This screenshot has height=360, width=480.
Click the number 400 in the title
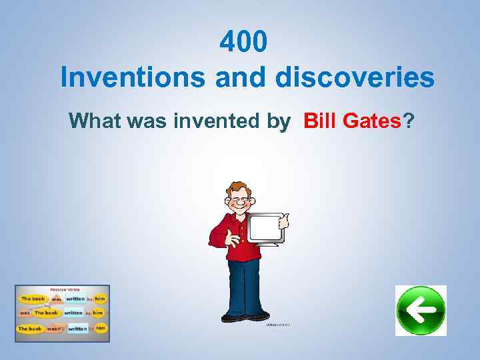pyautogui.click(x=244, y=43)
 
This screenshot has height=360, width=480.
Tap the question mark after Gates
pyautogui.click(x=409, y=121)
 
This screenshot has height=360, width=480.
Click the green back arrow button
pyautogui.click(x=421, y=311)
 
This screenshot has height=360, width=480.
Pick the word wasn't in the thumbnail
pyautogui.click(x=57, y=329)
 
